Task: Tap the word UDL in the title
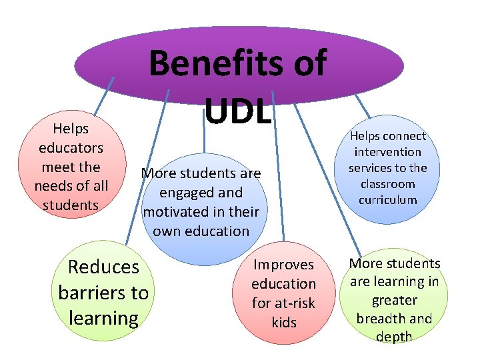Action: (x=238, y=109)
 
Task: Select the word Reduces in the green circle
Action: (x=103, y=267)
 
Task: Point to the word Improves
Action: (x=283, y=265)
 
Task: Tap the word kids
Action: (x=283, y=322)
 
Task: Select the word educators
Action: (x=71, y=147)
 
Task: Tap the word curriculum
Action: (x=388, y=200)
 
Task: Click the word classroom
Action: (x=388, y=184)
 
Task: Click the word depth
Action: (x=394, y=337)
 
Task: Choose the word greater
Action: (x=394, y=300)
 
